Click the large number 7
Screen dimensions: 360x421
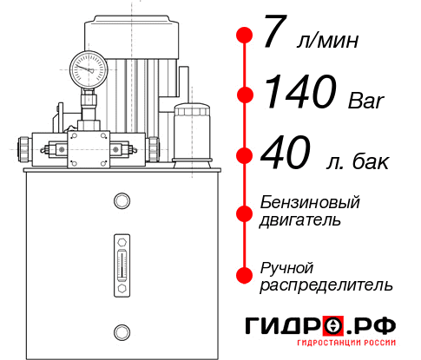pos(274,36)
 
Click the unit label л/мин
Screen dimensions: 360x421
pos(328,41)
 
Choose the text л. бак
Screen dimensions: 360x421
pos(355,161)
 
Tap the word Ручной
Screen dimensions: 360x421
pos(288,267)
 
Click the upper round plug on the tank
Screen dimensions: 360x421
pos(122,202)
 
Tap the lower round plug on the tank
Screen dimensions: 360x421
pos(122,330)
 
